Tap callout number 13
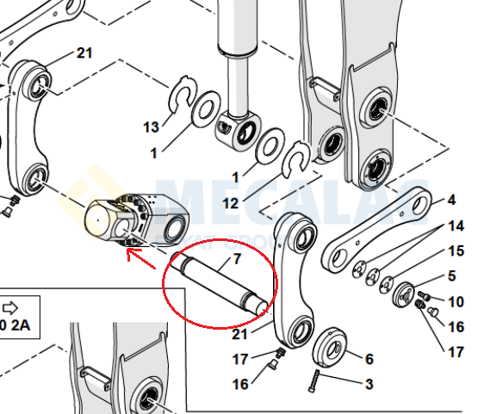pos(152,127)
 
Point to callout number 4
pos(450,201)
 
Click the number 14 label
pos(456,226)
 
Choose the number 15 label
pos(456,251)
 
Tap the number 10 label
pos(456,302)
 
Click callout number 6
pos(369,359)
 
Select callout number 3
pos(369,384)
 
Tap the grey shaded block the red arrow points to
pos(138,219)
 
